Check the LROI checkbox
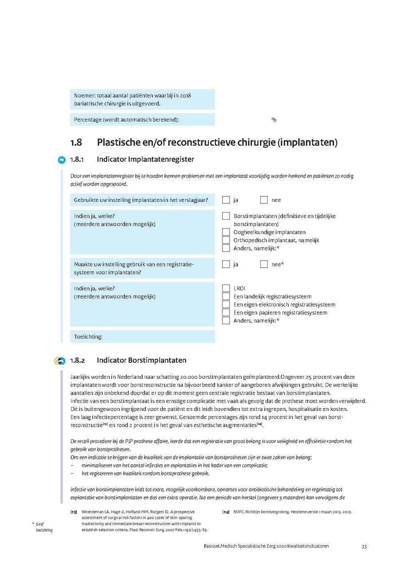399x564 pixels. tap(226, 288)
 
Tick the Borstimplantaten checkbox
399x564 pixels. tap(226, 216)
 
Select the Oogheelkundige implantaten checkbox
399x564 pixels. tap(226, 232)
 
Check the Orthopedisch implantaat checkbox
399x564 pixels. tap(226, 240)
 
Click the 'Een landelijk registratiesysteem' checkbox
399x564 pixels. tap(226, 296)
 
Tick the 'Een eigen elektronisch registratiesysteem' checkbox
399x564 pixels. tap(226, 304)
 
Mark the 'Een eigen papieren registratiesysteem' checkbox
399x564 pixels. tap(226, 312)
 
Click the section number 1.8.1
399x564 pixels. tap(78, 159)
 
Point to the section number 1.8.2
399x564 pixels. tap(78, 360)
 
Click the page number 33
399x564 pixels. tap(364, 546)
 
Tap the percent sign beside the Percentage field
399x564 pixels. tap(274, 120)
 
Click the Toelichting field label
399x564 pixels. tap(88, 337)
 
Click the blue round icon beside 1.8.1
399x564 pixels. tap(62, 159)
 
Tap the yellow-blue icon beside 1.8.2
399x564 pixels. tap(60, 361)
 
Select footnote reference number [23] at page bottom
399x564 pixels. tap(74, 512)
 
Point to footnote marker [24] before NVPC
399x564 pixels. tap(226, 512)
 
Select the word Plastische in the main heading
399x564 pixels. tap(116, 143)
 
